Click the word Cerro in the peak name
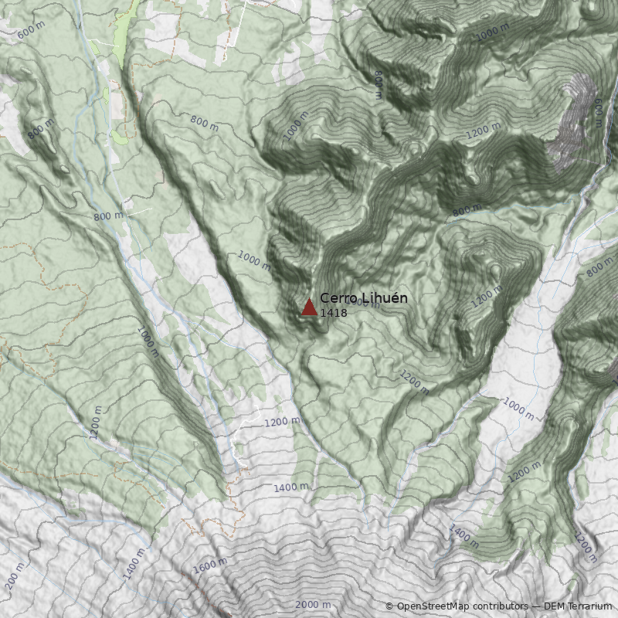[335, 298]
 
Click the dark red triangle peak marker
[309, 307]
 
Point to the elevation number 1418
[333, 313]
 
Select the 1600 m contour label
[209, 566]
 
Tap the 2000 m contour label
[313, 604]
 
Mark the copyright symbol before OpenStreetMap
[389, 607]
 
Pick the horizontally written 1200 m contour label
[281, 422]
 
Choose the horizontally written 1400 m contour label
[290, 487]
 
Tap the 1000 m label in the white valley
[518, 409]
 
